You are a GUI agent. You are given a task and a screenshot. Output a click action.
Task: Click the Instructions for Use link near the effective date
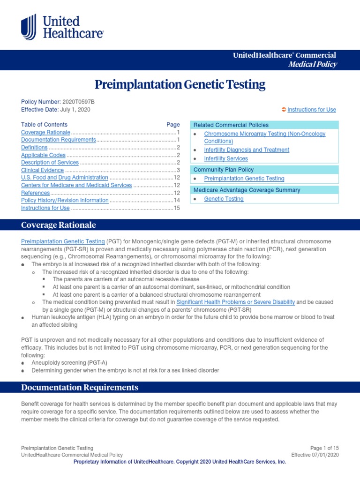311,110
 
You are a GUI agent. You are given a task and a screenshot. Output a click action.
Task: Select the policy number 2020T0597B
78,102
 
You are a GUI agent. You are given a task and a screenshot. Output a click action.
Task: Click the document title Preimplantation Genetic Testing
180,85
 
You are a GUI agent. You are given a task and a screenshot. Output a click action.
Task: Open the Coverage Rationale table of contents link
45,133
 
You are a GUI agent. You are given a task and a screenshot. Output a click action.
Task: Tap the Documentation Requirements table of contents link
58,140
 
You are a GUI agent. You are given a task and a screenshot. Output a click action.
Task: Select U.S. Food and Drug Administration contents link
64,178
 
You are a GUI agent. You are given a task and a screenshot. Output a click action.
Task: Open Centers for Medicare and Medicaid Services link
76,185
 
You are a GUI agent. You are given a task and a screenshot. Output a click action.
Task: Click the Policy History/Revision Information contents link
65,200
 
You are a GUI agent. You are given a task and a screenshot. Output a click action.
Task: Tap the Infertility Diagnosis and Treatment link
247,150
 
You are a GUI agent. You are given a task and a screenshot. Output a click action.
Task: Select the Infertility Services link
226,159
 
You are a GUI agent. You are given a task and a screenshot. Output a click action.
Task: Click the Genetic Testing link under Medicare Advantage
224,199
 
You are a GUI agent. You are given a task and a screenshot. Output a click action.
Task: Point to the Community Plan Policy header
224,170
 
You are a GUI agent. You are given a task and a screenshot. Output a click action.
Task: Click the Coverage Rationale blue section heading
59,225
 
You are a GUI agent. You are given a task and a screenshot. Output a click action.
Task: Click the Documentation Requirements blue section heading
80,387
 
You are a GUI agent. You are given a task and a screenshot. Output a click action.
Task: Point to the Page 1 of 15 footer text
324,448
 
